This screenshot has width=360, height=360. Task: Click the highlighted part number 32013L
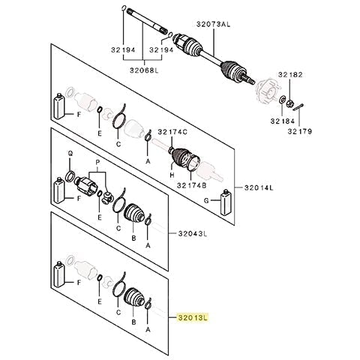(x=193, y=318)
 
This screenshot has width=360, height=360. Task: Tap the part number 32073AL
(x=213, y=24)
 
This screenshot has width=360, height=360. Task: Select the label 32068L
(x=144, y=70)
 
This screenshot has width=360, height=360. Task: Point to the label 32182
(x=290, y=74)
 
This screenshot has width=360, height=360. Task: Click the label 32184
(x=283, y=121)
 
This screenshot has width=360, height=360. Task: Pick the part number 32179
(x=300, y=131)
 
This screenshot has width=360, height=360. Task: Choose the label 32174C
(x=172, y=132)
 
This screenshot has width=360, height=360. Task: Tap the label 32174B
(x=192, y=185)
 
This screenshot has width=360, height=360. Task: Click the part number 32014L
(x=259, y=187)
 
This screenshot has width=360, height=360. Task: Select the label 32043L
(x=193, y=234)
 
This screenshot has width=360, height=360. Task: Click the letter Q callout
(x=70, y=154)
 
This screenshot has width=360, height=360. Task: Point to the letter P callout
(x=97, y=163)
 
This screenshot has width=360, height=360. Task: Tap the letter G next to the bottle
(x=206, y=200)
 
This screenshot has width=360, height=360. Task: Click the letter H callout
(x=172, y=175)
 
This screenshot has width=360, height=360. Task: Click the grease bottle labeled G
(x=226, y=202)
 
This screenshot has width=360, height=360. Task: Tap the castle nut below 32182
(x=289, y=103)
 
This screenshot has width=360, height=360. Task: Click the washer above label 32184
(x=282, y=100)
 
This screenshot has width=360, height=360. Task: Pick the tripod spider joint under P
(x=108, y=198)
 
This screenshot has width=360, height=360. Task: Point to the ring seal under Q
(x=70, y=175)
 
